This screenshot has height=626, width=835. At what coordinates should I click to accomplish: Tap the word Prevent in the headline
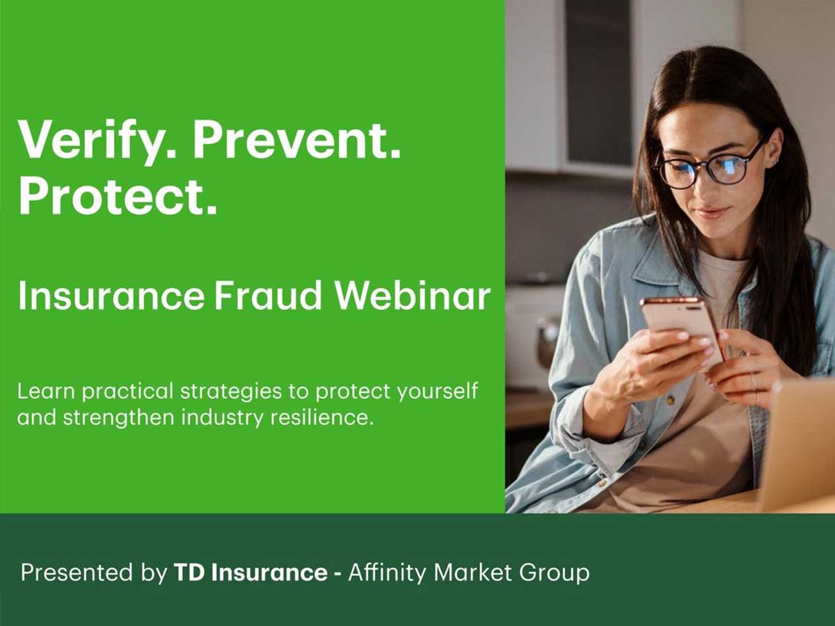pyautogui.click(x=296, y=139)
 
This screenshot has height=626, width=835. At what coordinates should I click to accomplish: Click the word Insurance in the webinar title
pyautogui.click(x=111, y=296)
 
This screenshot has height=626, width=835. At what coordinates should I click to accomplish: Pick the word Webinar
pyautogui.click(x=412, y=296)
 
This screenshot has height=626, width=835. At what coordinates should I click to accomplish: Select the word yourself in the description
pyautogui.click(x=438, y=392)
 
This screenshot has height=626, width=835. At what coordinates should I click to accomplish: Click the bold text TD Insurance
pyautogui.click(x=250, y=573)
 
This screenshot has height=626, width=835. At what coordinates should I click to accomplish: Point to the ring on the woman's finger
pyautogui.click(x=754, y=381)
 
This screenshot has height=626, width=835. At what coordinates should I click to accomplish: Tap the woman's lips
pyautogui.click(x=712, y=212)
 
